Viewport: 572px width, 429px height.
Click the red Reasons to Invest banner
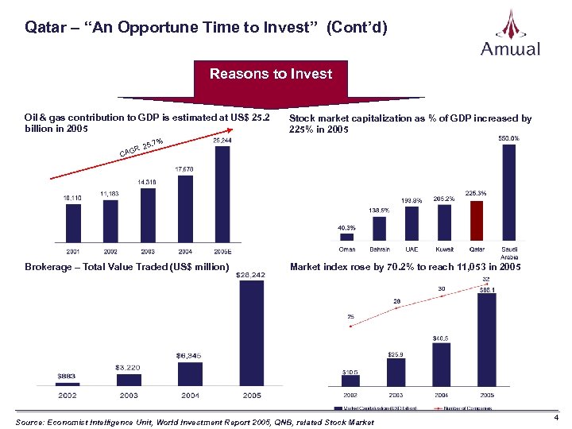tap(270, 74)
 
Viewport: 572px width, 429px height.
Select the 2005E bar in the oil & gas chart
tap(222, 194)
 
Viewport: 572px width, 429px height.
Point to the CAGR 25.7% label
tap(141, 147)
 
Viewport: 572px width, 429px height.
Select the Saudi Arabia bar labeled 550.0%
tap(508, 191)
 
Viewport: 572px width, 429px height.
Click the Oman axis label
tap(347, 249)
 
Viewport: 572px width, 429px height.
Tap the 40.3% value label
tap(347, 227)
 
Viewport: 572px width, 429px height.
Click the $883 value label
tap(68, 376)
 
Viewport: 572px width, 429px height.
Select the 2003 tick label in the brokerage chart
tap(129, 395)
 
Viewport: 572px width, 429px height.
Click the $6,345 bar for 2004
tap(190, 374)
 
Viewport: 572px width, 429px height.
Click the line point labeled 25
tap(350, 325)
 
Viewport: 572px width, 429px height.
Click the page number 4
tap(556, 417)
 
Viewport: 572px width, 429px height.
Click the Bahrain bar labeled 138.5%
tap(379, 228)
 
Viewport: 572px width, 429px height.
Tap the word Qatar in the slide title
tap(43, 28)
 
